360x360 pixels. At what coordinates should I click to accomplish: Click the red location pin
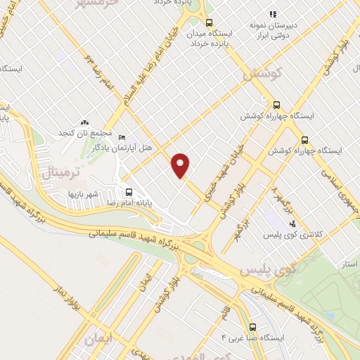pyautogui.click(x=181, y=165)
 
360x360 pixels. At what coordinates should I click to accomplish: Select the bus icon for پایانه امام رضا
pyautogui.click(x=129, y=191)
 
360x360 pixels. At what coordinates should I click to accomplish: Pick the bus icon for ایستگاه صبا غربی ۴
pyautogui.click(x=252, y=326)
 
